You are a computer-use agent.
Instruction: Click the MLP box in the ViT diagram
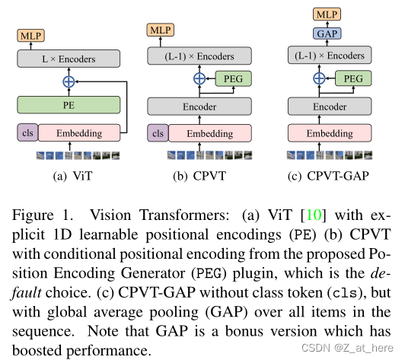coord(31,37)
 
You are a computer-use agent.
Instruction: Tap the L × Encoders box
coord(69,59)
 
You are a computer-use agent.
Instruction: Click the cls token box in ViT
coord(27,134)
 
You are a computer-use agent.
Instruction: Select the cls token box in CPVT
coord(158,134)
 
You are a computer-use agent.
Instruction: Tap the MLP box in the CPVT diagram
coord(162,29)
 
